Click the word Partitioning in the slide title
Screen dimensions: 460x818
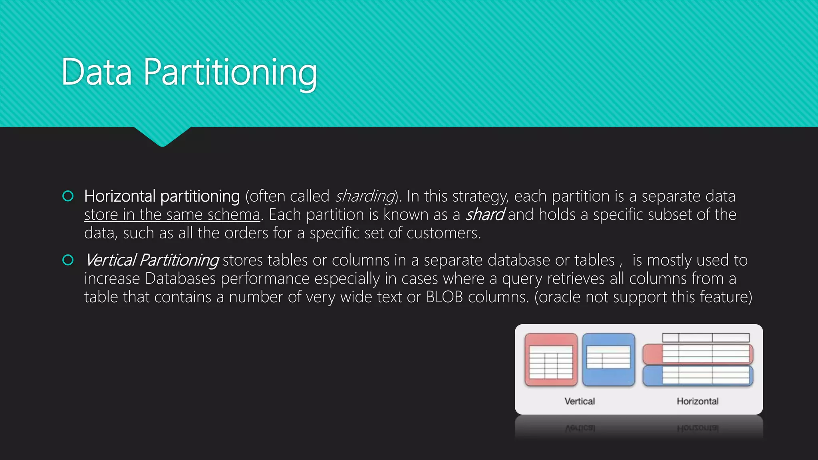(x=230, y=73)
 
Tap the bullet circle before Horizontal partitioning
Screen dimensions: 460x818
(x=68, y=196)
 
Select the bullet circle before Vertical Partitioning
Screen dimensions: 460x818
(x=68, y=260)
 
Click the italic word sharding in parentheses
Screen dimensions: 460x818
(x=365, y=196)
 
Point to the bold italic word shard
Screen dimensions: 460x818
(x=484, y=215)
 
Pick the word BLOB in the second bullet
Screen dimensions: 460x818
(x=444, y=297)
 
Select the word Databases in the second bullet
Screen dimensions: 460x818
(x=181, y=279)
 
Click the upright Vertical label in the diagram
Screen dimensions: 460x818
(x=580, y=401)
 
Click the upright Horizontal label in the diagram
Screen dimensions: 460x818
(x=697, y=401)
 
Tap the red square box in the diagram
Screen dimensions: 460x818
(x=551, y=360)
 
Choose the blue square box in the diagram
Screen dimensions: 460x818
(x=608, y=360)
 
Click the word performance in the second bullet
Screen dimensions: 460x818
(x=265, y=279)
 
